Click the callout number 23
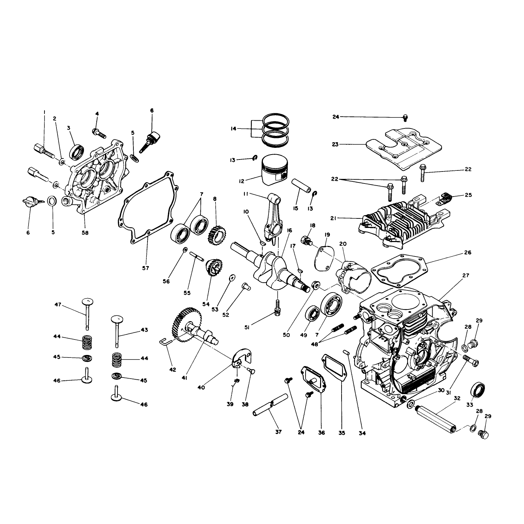[x=335, y=144]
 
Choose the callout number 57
[x=146, y=268]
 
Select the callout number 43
[x=144, y=330]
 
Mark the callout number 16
[x=289, y=230]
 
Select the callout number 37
[x=278, y=432]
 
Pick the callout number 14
[x=233, y=129]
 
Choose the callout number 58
[x=85, y=233]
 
